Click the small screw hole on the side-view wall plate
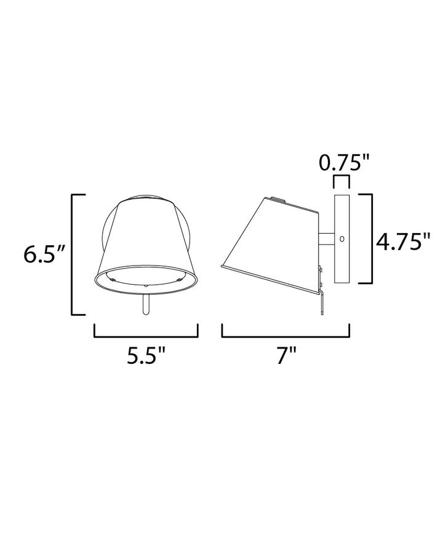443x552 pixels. [341, 239]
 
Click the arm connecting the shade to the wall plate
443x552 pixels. [325, 239]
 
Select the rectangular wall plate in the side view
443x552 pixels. [341, 239]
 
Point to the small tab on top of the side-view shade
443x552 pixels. [279, 200]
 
